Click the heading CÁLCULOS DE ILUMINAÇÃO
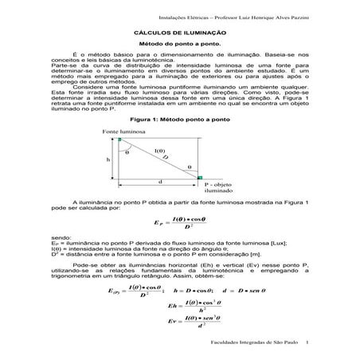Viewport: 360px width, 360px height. point(180,32)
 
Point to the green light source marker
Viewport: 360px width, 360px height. point(119,139)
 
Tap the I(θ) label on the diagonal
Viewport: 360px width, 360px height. point(159,151)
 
